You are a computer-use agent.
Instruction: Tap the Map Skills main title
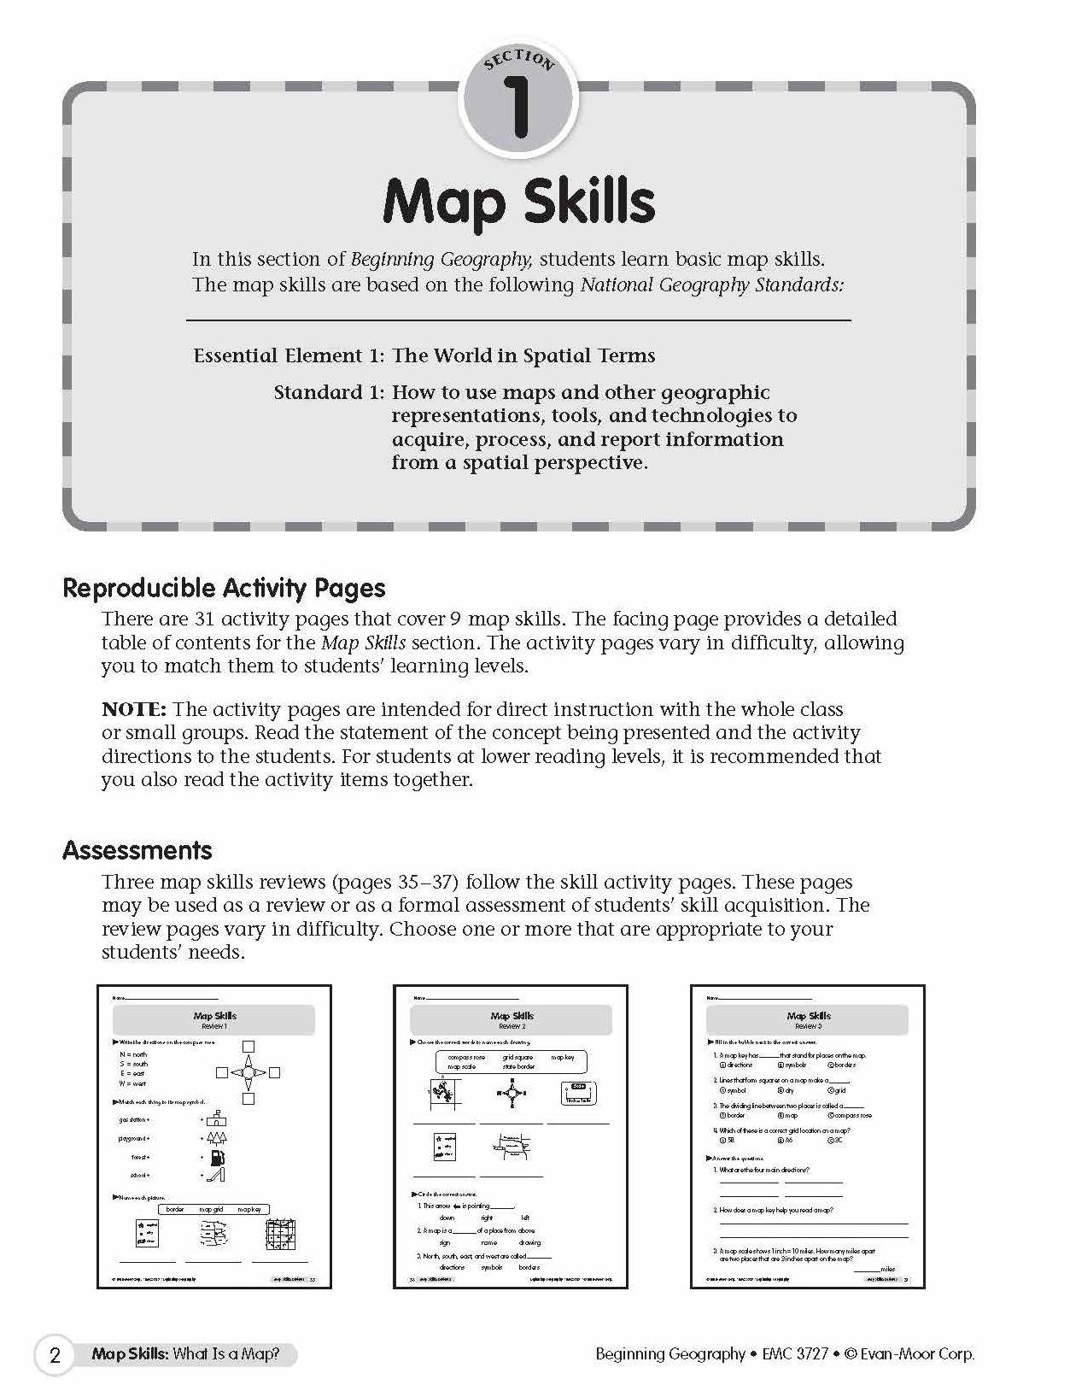point(518,202)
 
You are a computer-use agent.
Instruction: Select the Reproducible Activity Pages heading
point(224,588)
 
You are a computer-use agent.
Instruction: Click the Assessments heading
point(137,850)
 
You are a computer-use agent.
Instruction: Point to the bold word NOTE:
point(134,709)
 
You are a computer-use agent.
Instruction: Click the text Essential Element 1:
point(289,355)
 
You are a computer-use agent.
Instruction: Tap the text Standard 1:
point(329,392)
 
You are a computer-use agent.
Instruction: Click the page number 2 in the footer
point(56,1355)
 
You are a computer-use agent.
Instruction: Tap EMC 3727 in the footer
point(794,1353)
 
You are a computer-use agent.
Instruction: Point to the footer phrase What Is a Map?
point(226,1354)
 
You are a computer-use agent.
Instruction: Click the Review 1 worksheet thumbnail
point(214,1136)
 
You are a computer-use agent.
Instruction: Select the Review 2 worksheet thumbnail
point(511,1136)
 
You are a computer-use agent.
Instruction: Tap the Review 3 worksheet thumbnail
point(807,1136)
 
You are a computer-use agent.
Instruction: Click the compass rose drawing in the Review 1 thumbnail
point(248,1072)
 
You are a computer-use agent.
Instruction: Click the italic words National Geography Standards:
point(711,285)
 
